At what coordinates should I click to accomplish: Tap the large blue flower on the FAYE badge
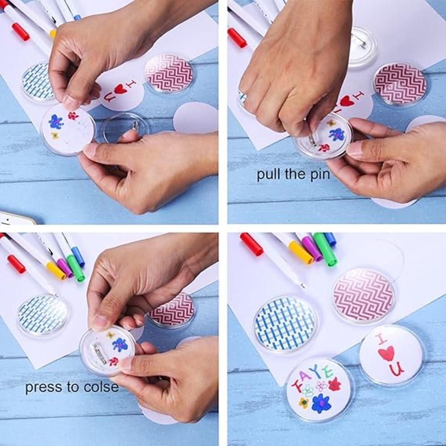(320, 403)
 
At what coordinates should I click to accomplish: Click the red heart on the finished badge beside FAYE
(386, 354)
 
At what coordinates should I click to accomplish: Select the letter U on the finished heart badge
(396, 369)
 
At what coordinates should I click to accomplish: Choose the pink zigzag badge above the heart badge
(363, 295)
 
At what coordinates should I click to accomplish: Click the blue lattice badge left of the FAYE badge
(285, 324)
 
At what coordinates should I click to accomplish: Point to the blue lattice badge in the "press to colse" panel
(43, 315)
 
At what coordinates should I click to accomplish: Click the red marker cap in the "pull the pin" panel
(237, 37)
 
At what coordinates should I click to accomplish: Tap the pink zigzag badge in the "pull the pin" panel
(400, 83)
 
